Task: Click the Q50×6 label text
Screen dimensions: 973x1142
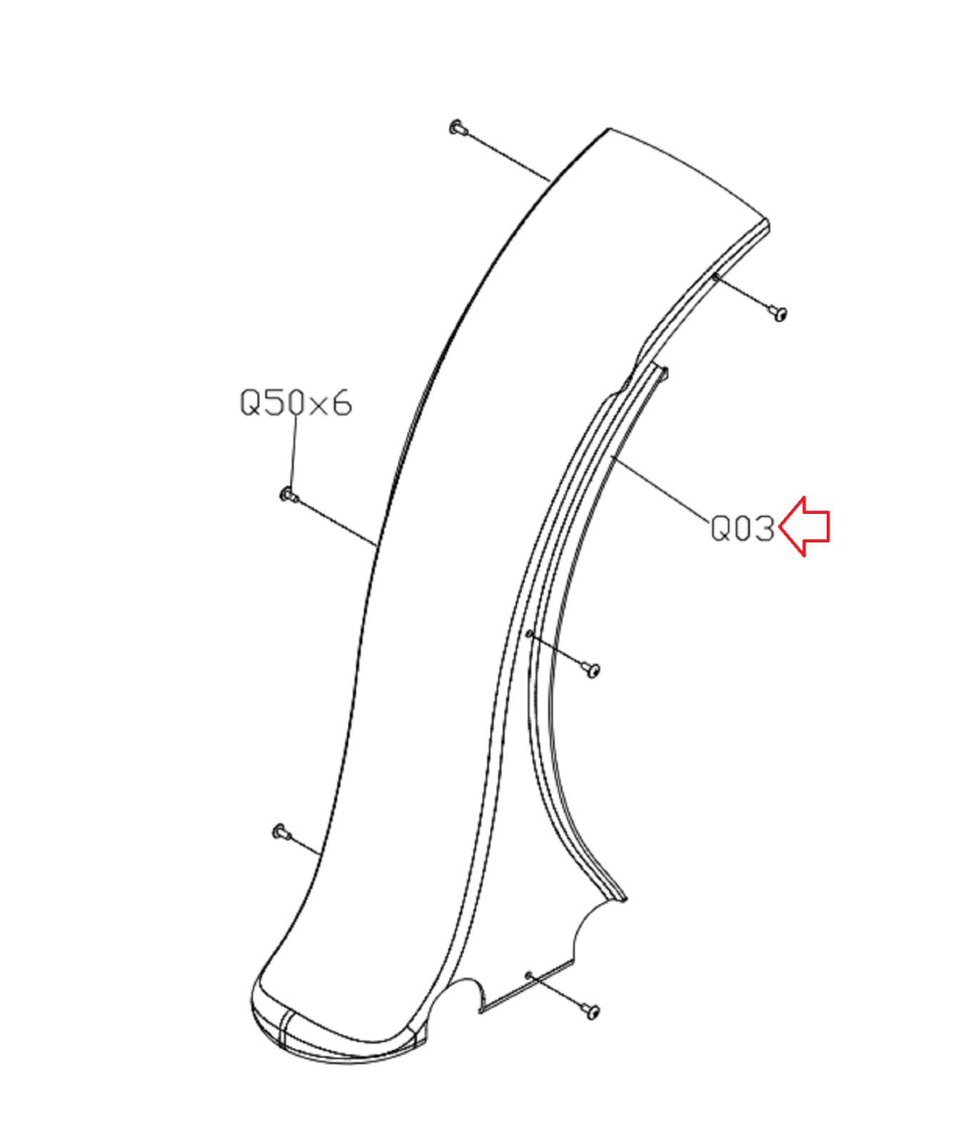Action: (x=296, y=403)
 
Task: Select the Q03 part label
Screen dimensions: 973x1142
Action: (x=742, y=529)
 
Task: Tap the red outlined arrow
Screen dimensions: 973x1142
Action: (x=805, y=527)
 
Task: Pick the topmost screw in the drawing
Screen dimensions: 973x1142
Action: (x=458, y=128)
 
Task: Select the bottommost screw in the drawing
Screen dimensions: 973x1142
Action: (x=591, y=1011)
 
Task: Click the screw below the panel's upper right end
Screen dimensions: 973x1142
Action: (x=778, y=313)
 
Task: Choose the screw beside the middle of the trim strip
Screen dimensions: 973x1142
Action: (x=591, y=669)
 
